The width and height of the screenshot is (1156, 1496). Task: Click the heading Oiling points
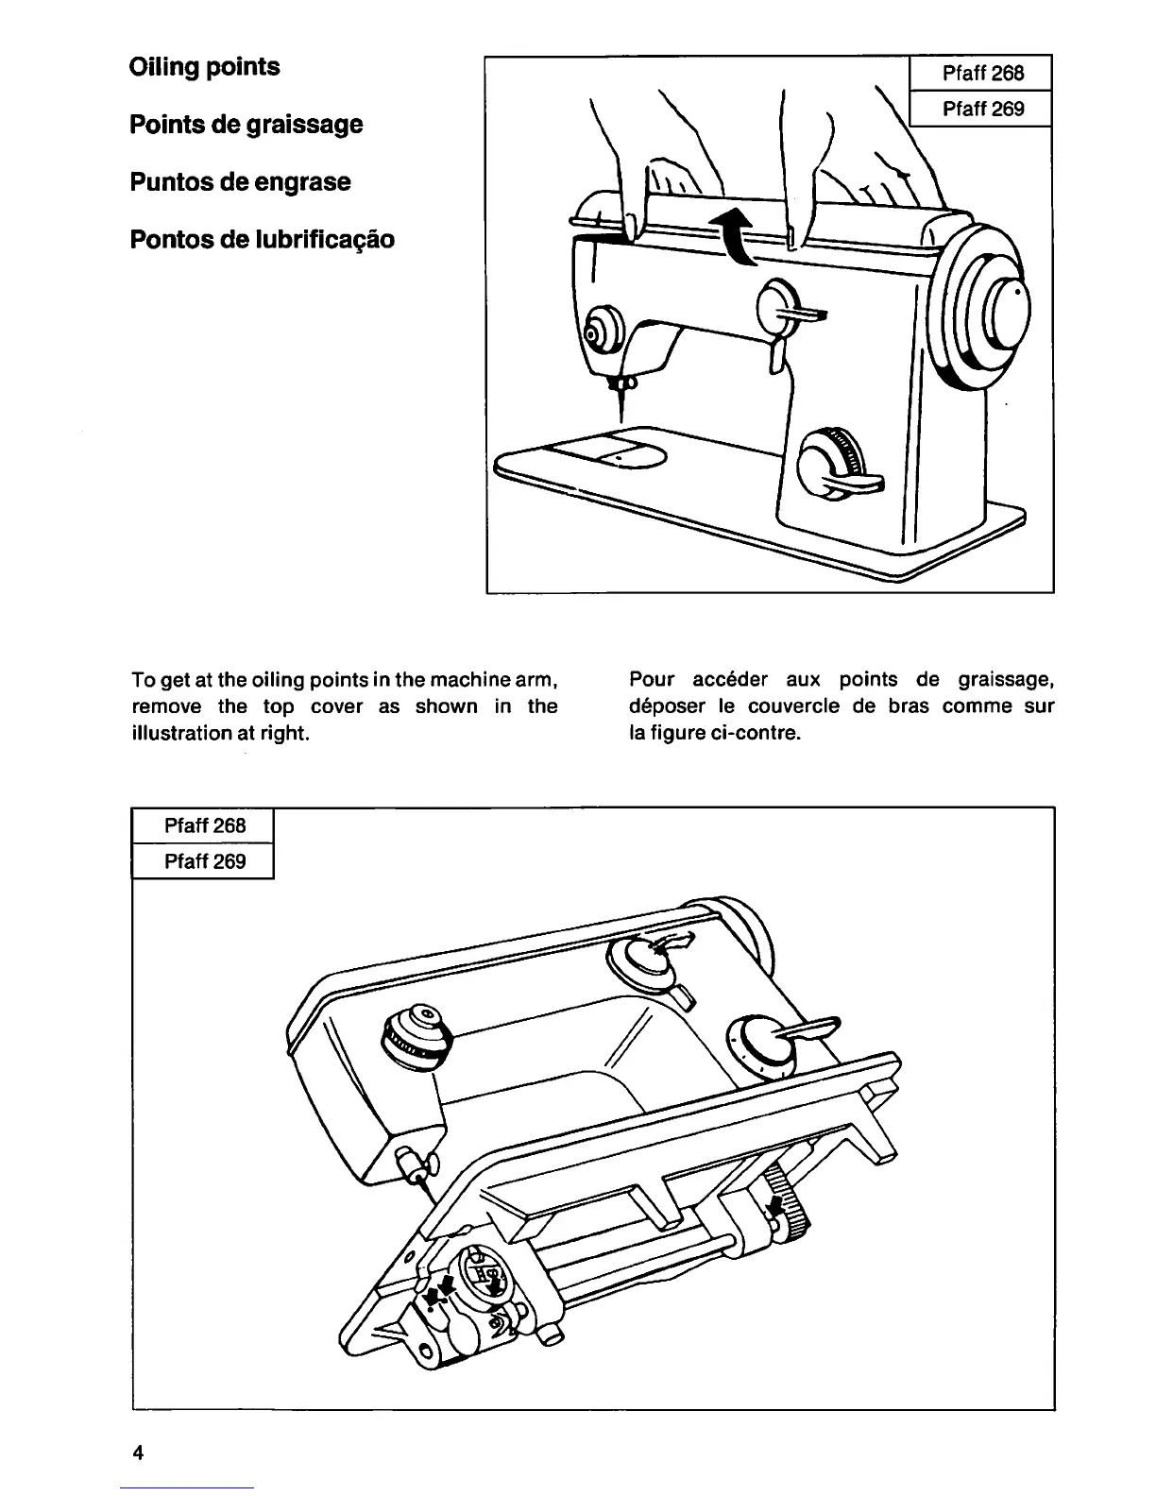coord(204,67)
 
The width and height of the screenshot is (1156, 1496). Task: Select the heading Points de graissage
coord(246,125)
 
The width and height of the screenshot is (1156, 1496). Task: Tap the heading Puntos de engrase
coord(240,181)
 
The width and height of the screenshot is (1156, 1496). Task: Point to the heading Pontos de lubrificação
coord(262,239)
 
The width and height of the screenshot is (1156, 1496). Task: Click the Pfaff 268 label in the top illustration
coord(982,73)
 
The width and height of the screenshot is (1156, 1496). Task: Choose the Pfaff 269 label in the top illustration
coord(982,109)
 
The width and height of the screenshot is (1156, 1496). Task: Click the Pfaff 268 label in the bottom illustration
coord(204,825)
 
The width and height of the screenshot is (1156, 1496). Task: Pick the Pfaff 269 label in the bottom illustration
coord(204,861)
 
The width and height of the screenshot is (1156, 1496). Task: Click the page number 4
coord(138,1453)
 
